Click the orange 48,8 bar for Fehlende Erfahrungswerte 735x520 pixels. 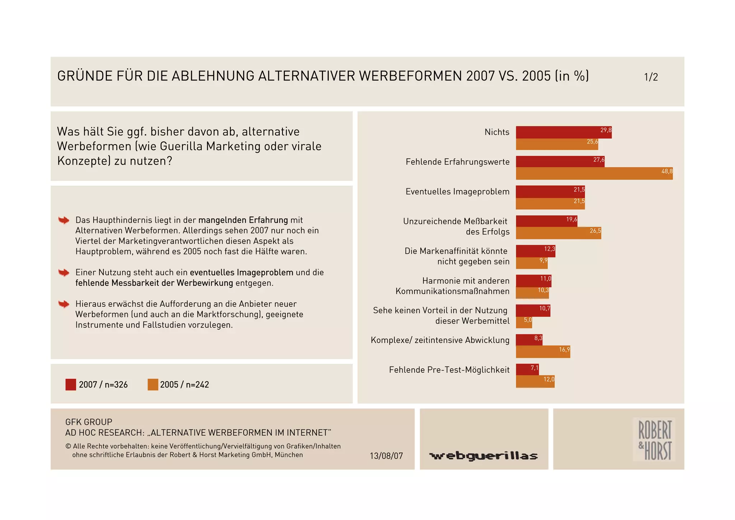tap(594, 173)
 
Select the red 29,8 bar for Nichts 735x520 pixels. tap(563, 132)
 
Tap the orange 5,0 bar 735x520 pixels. tap(524, 322)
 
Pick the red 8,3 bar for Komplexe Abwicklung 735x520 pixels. tap(529, 340)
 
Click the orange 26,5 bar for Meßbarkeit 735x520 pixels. tap(558, 233)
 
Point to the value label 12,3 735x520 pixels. tap(549, 249)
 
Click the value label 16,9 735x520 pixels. tap(564, 349)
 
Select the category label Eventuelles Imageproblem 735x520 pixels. tap(457, 191)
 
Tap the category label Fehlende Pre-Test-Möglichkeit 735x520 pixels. tap(449, 370)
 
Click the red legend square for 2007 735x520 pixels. tap(71, 385)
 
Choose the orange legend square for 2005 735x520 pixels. tap(153, 385)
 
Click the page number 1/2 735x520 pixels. tap(651, 77)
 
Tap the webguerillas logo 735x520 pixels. tap(483, 456)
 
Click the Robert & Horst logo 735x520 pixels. tap(654, 439)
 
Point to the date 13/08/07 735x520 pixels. tap(386, 456)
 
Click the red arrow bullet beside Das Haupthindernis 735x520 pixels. tap(64, 220)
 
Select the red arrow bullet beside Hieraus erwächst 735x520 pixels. tap(64, 304)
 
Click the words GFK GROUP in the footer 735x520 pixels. tap(89, 422)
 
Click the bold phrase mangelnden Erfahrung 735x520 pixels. tap(243, 220)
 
